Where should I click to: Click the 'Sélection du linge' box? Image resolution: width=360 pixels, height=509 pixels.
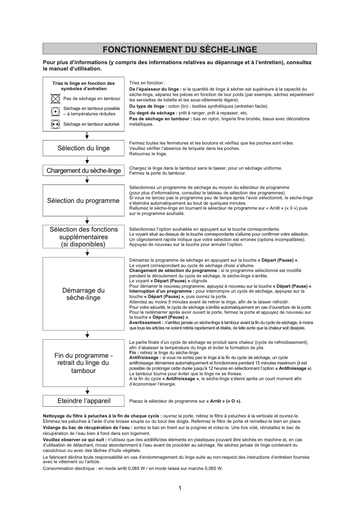point(83,148)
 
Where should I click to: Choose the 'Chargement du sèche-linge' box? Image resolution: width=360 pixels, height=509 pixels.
point(83,171)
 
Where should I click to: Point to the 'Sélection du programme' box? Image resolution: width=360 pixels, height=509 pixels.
point(83,201)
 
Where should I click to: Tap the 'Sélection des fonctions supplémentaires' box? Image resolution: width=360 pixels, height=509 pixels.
point(83,237)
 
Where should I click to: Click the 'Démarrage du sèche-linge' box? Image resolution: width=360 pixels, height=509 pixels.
point(83,294)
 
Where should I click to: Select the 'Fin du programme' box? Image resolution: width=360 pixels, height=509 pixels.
point(83,364)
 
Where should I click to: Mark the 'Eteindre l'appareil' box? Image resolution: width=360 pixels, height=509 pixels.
point(83,400)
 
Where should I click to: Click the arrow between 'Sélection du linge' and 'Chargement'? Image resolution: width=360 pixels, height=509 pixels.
point(87,160)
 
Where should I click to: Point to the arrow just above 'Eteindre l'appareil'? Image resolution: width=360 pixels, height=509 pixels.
point(87,390)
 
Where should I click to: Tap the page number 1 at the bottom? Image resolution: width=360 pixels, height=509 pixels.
point(180,488)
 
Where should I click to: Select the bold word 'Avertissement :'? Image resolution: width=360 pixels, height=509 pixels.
point(146,323)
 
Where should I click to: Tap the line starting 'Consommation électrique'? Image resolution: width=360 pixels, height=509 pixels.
point(132,468)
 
